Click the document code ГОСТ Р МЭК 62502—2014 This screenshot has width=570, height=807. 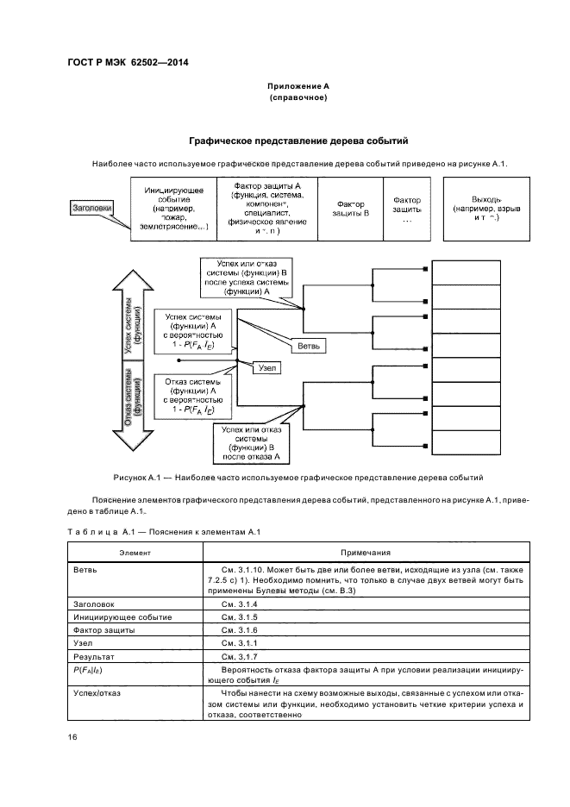(x=128, y=63)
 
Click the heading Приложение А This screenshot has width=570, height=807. (x=298, y=87)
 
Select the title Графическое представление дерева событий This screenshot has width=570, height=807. (x=298, y=141)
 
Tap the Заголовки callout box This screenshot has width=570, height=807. (x=92, y=207)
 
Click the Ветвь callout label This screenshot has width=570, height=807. (x=310, y=345)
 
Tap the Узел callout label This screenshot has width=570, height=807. (x=268, y=366)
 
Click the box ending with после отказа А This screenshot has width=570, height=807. (x=252, y=441)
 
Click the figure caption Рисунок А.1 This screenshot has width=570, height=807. (x=298, y=477)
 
